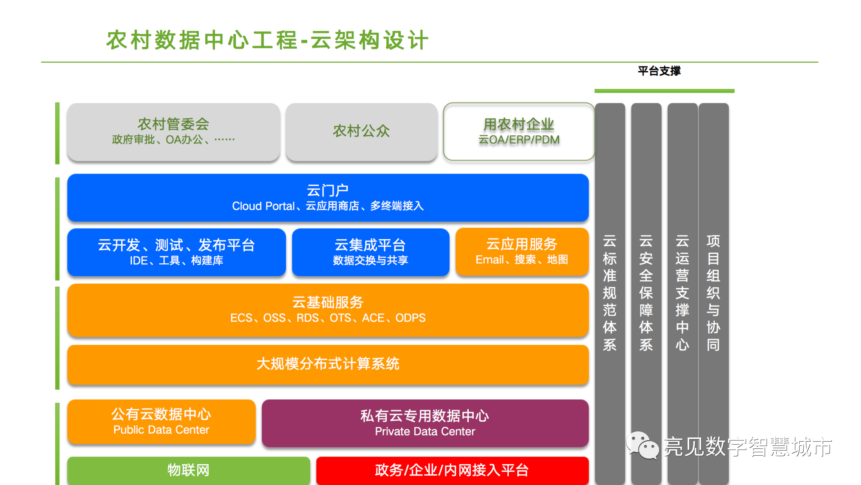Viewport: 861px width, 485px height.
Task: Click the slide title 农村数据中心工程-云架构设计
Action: [x=267, y=40]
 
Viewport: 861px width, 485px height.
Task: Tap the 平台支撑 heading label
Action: [x=659, y=71]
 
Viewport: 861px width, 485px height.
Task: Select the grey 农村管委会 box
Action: [x=173, y=131]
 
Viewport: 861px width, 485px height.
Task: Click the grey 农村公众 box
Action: [x=361, y=131]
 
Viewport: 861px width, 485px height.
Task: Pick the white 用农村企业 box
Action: [x=518, y=131]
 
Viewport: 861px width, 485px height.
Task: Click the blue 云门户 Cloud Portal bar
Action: [x=328, y=198]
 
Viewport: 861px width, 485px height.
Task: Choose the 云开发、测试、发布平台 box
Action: [x=176, y=252]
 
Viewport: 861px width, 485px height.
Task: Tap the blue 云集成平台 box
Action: [x=370, y=252]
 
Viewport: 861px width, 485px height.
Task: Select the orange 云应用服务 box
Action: [x=522, y=251]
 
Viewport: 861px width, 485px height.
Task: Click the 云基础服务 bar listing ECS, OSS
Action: [x=328, y=310]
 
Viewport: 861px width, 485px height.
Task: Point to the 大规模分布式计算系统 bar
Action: [x=328, y=364]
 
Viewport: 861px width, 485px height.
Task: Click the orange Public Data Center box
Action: [x=161, y=422]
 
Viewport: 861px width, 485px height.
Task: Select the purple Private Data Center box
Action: [x=425, y=423]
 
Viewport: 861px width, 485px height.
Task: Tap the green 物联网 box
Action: [x=188, y=470]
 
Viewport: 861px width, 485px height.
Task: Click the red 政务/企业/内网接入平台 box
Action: [x=452, y=470]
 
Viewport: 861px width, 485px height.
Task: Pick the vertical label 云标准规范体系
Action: [x=610, y=293]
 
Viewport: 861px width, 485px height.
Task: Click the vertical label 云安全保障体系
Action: [x=646, y=293]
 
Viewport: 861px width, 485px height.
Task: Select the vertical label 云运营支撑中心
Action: [x=683, y=293]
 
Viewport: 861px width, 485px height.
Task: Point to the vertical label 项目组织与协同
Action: [x=713, y=293]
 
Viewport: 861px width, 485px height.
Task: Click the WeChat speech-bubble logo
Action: [x=642, y=445]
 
